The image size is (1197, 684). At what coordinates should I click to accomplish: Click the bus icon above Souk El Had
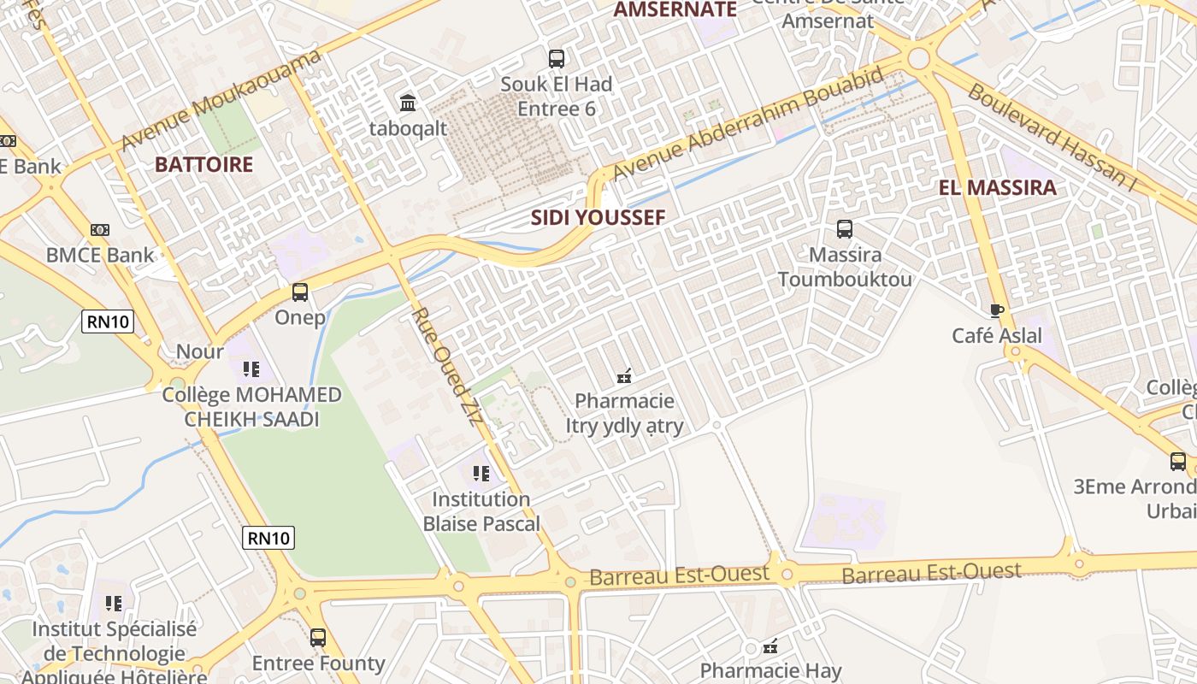pos(557,59)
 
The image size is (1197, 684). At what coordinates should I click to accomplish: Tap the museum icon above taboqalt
pos(408,103)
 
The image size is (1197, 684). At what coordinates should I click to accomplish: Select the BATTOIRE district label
pos(204,164)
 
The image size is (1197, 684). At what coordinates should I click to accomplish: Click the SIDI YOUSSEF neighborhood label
pos(598,217)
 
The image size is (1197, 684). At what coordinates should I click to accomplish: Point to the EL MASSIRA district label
pos(998,188)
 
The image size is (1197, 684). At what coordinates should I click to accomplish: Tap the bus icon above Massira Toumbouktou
pos(845,229)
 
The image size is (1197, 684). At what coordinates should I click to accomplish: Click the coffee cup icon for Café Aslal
pos(996,310)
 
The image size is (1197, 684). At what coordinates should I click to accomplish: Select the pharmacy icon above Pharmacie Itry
pos(624,375)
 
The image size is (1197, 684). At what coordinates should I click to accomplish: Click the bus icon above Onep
pos(300,292)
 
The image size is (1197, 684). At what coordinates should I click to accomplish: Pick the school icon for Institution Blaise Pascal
pos(481,473)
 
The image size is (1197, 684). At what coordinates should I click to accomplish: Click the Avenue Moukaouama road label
pos(221,100)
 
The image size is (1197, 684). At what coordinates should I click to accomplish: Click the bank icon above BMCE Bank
pos(100,230)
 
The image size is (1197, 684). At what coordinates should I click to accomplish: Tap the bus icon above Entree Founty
pos(318,637)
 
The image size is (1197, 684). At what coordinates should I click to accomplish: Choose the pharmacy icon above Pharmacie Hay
pos(770,646)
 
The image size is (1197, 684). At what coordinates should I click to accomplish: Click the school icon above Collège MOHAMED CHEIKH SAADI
pos(251,369)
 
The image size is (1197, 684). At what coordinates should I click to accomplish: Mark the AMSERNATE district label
pos(675,9)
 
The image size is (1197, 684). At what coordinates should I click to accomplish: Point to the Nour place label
pos(200,351)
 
